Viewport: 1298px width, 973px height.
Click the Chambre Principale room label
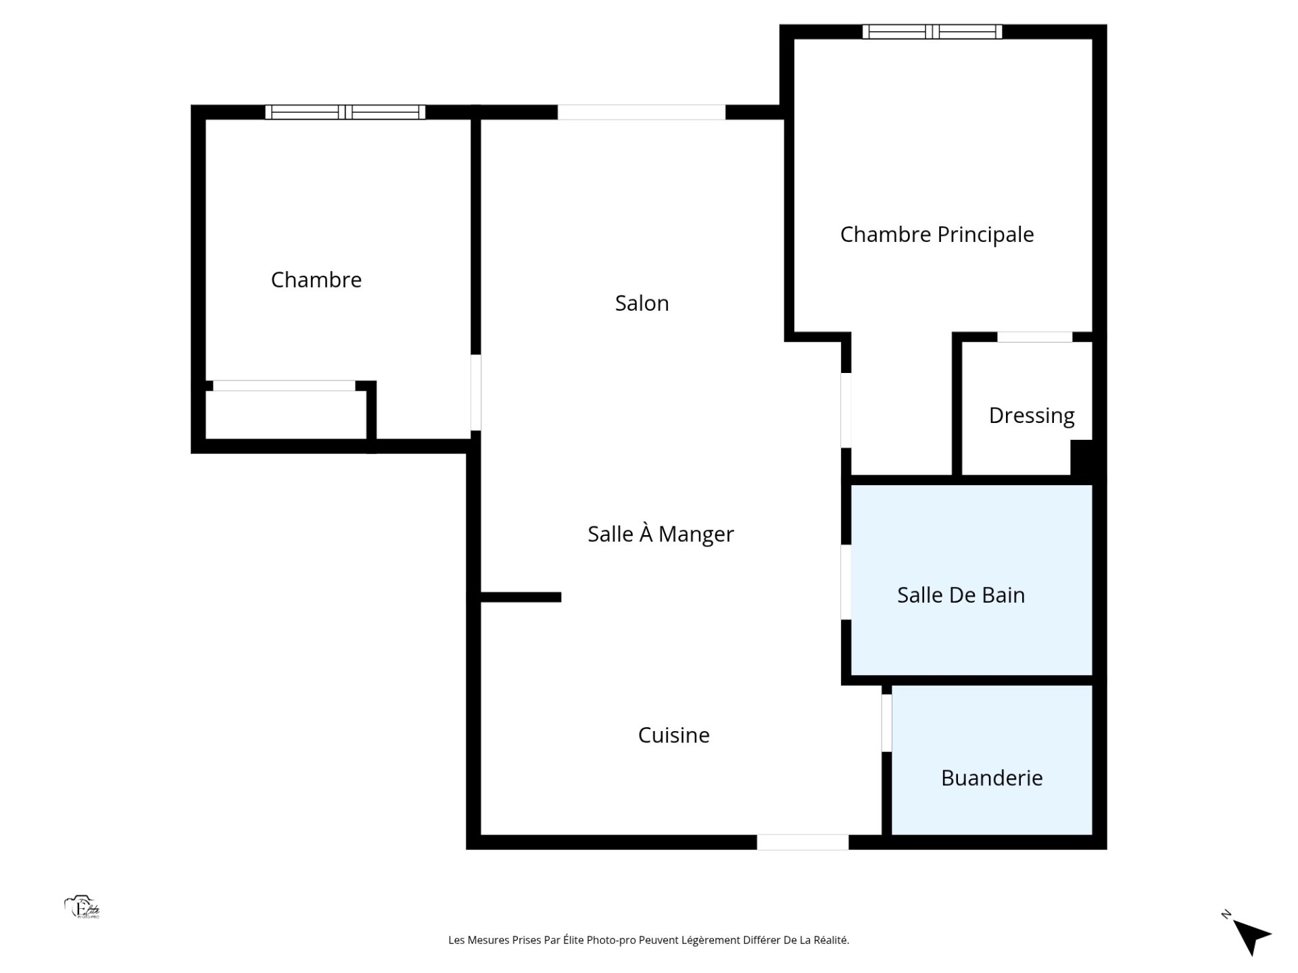click(937, 234)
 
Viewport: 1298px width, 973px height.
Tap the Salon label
click(642, 303)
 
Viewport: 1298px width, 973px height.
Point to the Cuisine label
click(673, 734)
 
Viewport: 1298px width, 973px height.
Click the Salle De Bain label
click(961, 595)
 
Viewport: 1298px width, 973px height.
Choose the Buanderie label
click(992, 778)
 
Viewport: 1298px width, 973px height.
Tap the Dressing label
click(1032, 416)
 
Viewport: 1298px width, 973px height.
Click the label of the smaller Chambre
click(316, 279)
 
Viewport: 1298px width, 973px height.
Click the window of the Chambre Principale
click(932, 31)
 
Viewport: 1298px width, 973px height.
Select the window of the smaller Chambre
click(345, 112)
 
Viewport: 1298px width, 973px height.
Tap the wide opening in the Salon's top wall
click(642, 112)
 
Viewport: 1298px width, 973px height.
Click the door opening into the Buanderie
click(887, 723)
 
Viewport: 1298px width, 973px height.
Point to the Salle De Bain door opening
click(846, 582)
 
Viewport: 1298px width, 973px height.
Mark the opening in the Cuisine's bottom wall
click(802, 842)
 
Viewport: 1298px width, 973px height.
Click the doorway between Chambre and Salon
click(476, 393)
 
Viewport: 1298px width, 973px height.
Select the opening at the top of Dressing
click(1035, 337)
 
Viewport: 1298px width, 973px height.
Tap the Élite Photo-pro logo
click(82, 907)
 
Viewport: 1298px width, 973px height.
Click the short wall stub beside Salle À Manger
click(521, 597)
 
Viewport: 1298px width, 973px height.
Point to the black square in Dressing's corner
click(1082, 457)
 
